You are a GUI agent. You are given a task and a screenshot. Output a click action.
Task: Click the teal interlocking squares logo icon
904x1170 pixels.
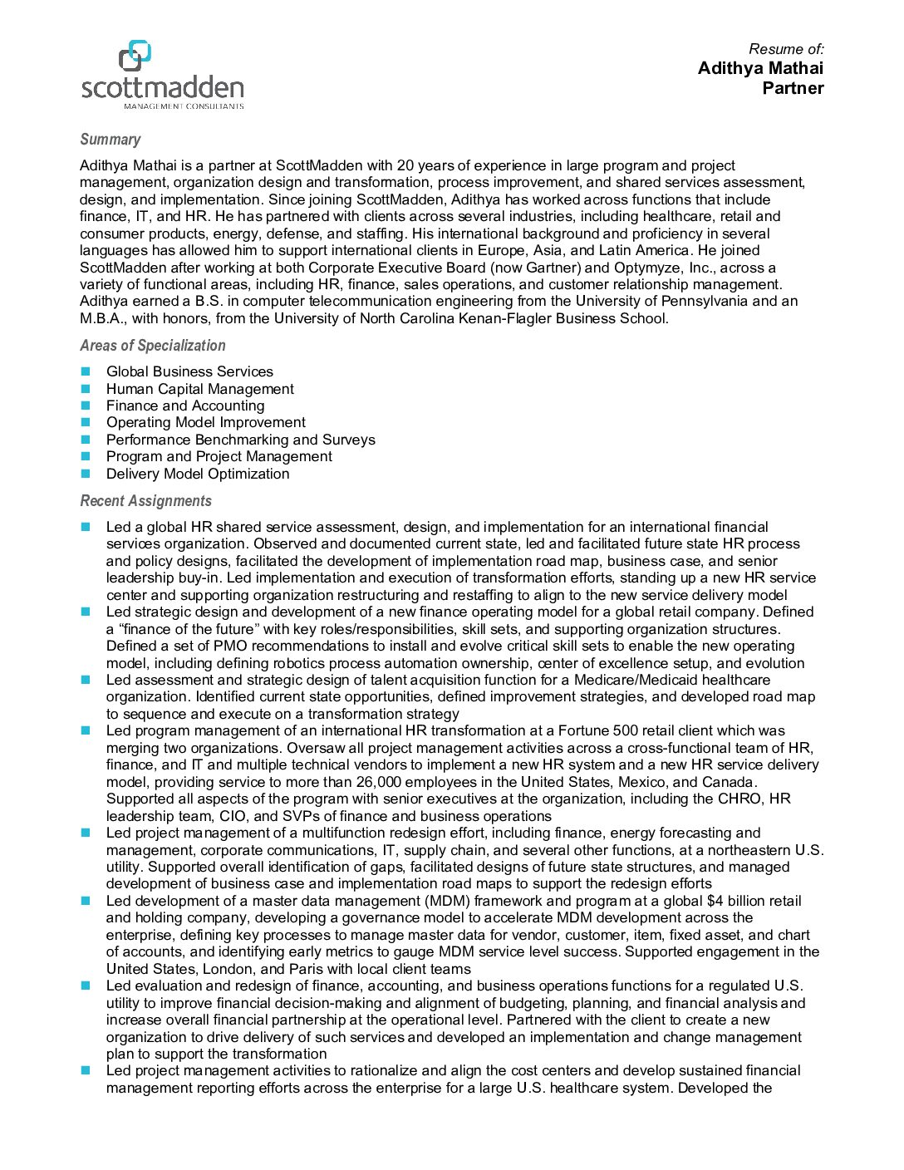tap(135, 55)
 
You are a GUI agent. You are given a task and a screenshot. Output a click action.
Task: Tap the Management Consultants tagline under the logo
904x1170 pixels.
tap(184, 106)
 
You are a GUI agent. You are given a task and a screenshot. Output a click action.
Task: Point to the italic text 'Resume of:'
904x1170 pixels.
tap(786, 49)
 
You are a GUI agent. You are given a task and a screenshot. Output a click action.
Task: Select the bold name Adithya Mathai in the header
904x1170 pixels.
tap(760, 68)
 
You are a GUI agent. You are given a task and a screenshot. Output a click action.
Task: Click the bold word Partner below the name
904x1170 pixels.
tap(793, 88)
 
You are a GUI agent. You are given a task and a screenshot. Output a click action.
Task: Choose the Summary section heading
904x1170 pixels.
tap(111, 140)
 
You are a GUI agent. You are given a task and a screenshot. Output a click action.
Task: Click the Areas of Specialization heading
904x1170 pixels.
tap(153, 346)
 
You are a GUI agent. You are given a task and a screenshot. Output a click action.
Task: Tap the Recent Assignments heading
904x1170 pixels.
tap(145, 501)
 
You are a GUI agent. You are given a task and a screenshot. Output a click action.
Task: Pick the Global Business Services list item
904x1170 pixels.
tap(189, 371)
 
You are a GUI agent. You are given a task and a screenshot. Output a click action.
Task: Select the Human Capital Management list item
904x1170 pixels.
tap(199, 389)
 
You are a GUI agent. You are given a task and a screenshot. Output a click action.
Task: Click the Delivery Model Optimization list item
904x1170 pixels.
tap(198, 474)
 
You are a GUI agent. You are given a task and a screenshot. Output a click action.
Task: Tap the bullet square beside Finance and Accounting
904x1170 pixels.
tap(86, 406)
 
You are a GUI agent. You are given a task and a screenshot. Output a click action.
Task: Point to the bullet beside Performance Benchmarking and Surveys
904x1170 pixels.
tap(86, 440)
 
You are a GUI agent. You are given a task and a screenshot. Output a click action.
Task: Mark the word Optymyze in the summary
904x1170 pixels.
tap(648, 268)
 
